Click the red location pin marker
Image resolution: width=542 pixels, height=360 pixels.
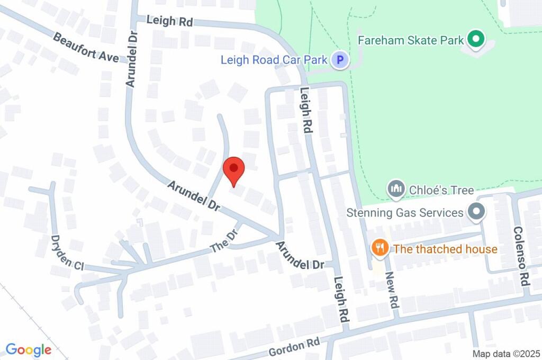(x=233, y=170)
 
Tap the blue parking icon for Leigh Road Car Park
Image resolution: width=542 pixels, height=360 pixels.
(x=340, y=60)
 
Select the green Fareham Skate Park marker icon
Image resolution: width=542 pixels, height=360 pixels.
(x=475, y=40)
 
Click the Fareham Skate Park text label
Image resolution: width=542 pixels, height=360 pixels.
(x=411, y=40)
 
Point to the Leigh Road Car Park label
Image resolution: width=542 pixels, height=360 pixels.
(x=274, y=60)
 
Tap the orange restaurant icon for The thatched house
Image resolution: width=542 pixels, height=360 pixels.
(x=379, y=247)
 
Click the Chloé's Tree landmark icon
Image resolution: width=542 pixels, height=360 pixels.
(x=395, y=188)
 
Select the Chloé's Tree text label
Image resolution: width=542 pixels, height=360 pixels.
(x=441, y=189)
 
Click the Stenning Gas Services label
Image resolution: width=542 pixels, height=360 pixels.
(x=405, y=213)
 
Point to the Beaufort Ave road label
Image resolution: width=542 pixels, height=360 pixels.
(x=86, y=48)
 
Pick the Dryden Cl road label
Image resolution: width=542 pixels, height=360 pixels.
(x=67, y=253)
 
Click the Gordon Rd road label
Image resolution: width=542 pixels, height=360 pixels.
(x=294, y=347)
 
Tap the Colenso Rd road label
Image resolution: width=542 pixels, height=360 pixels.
(x=521, y=255)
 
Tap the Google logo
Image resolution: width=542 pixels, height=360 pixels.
(x=29, y=349)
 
